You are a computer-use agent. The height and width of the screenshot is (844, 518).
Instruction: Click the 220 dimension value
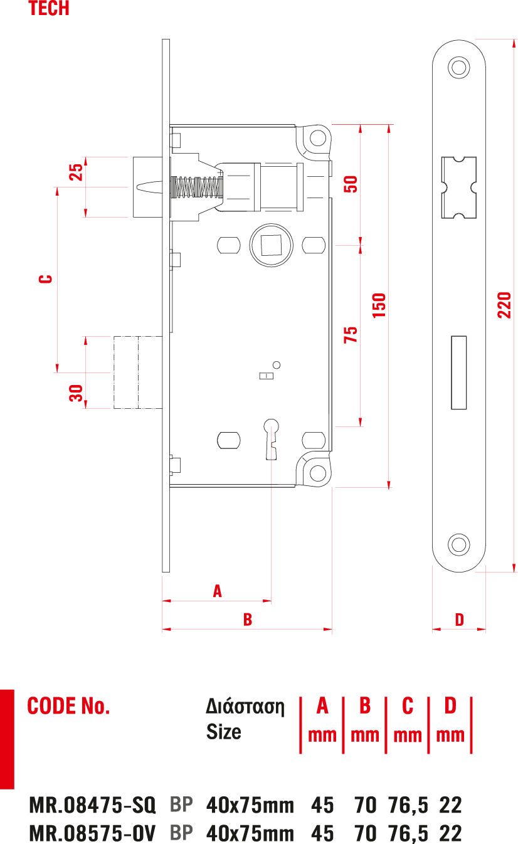[504, 305]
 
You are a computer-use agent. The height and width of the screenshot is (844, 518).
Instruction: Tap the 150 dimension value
[379, 305]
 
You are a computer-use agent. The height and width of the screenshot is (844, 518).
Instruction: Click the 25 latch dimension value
[75, 172]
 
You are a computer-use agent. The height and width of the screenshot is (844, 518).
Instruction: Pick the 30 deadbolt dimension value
[75, 393]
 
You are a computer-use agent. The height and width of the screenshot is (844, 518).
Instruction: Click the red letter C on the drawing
[45, 279]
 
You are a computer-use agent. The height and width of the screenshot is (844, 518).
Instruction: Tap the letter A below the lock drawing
[218, 591]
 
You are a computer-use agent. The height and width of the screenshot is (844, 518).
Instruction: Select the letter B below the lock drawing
[248, 620]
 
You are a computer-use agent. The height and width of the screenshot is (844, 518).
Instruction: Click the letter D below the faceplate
[460, 620]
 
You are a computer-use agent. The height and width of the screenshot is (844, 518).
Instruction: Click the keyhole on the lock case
[272, 433]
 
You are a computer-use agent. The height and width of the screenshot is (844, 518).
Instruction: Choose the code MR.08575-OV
[92, 833]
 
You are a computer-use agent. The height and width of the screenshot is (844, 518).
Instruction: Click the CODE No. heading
[68, 706]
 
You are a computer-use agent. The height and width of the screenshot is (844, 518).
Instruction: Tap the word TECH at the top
[49, 9]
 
